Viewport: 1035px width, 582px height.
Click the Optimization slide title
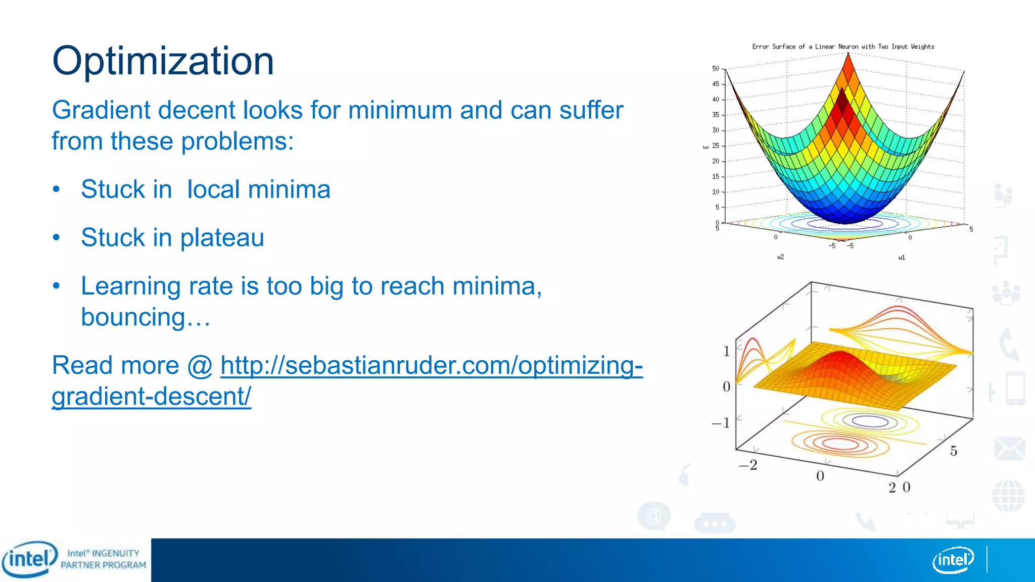[x=163, y=61]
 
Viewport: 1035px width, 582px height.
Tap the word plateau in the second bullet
[x=222, y=237]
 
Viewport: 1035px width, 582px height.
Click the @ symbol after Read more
[x=200, y=365]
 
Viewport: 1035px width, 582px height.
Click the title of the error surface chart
[x=843, y=46]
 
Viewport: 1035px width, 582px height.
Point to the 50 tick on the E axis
[x=715, y=68]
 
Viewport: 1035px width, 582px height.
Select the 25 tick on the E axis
[x=715, y=145]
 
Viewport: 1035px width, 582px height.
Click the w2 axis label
[x=780, y=257]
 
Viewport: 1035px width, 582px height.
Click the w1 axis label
[x=902, y=258]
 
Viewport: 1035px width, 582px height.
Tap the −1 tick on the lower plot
[x=721, y=422]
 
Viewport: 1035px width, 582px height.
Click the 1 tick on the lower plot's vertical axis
[x=726, y=351]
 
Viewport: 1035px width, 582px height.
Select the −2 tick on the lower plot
[x=748, y=465]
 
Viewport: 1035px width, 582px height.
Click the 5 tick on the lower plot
[x=953, y=451]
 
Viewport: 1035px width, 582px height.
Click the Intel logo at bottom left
[x=29, y=559]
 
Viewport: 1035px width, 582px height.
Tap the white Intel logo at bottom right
[x=953, y=560]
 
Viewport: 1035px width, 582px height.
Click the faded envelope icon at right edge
[x=1009, y=449]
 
